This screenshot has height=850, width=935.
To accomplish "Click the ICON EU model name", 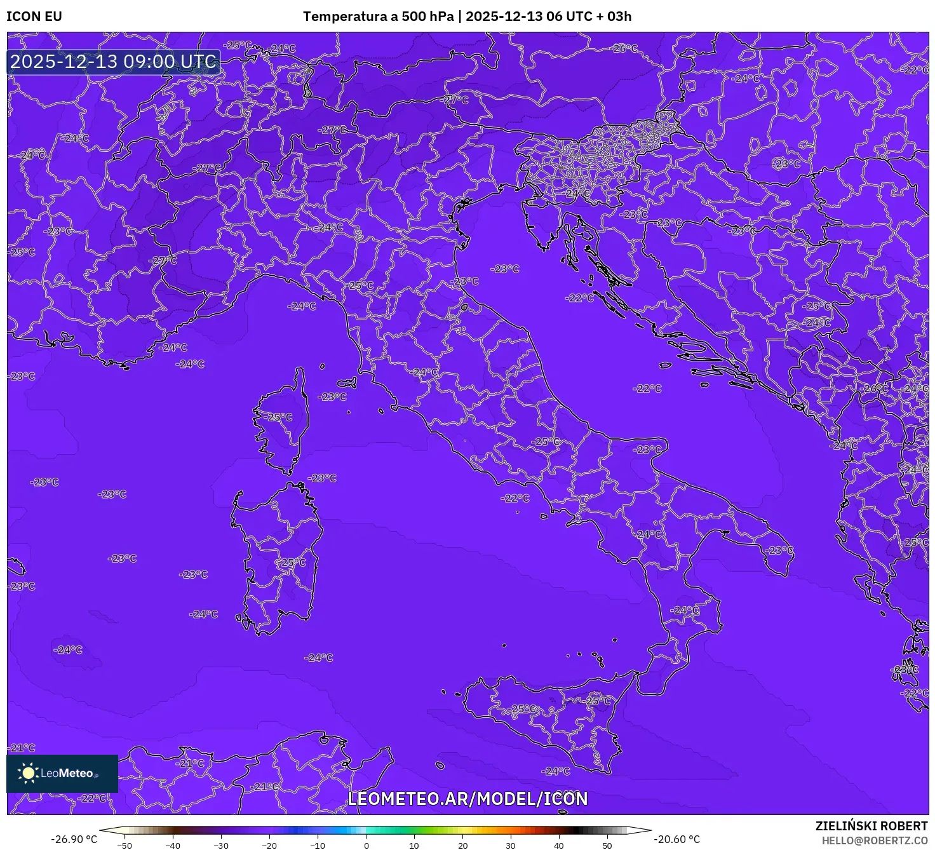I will click(x=34, y=17).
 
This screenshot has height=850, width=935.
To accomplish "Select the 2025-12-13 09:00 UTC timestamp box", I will click(x=114, y=62).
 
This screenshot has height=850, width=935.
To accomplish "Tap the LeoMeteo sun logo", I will click(x=28, y=773).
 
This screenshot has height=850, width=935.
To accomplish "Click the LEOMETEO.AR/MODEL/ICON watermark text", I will click(x=467, y=799).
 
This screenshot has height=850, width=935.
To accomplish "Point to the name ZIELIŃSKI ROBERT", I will click(x=871, y=826).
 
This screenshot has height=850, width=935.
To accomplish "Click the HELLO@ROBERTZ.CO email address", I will click(x=875, y=840).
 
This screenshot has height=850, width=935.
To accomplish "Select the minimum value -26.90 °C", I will click(x=74, y=839).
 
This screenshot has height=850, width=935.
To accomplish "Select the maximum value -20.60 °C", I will click(x=677, y=839).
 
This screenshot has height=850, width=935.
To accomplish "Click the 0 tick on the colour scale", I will click(x=367, y=846).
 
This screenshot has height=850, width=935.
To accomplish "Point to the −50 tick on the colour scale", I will click(x=124, y=846).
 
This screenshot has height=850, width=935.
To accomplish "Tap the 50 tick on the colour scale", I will click(x=607, y=846).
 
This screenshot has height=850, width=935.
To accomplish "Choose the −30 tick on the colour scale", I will click(x=221, y=846).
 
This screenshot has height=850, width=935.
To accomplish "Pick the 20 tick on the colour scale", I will click(x=463, y=846).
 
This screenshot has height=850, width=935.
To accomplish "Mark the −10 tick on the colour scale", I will click(x=318, y=846).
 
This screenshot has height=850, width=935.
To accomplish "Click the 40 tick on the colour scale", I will click(x=559, y=846).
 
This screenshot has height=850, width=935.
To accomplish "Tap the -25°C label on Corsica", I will click(x=279, y=417).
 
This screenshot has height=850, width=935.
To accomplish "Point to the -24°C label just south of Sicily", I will click(x=556, y=771).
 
